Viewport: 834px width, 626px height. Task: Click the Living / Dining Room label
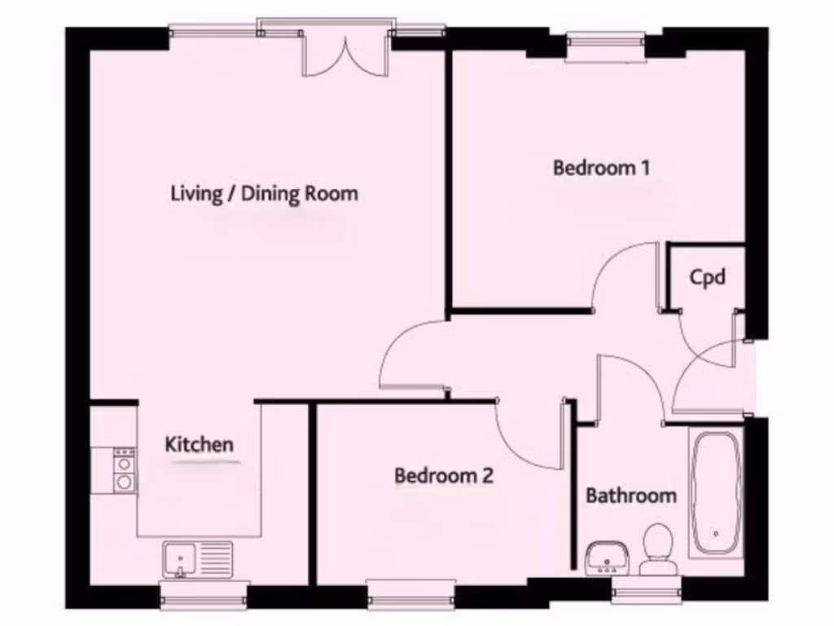[x=264, y=194]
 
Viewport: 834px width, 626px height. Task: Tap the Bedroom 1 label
[x=601, y=168]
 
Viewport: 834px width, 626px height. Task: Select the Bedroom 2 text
[x=444, y=475]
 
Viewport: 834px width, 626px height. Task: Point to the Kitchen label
[x=200, y=444]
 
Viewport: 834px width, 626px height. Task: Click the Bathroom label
[x=631, y=495]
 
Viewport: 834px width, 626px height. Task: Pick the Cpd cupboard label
[x=707, y=278]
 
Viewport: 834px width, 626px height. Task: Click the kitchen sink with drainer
[x=198, y=559]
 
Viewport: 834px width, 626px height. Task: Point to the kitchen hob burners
[x=125, y=471]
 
